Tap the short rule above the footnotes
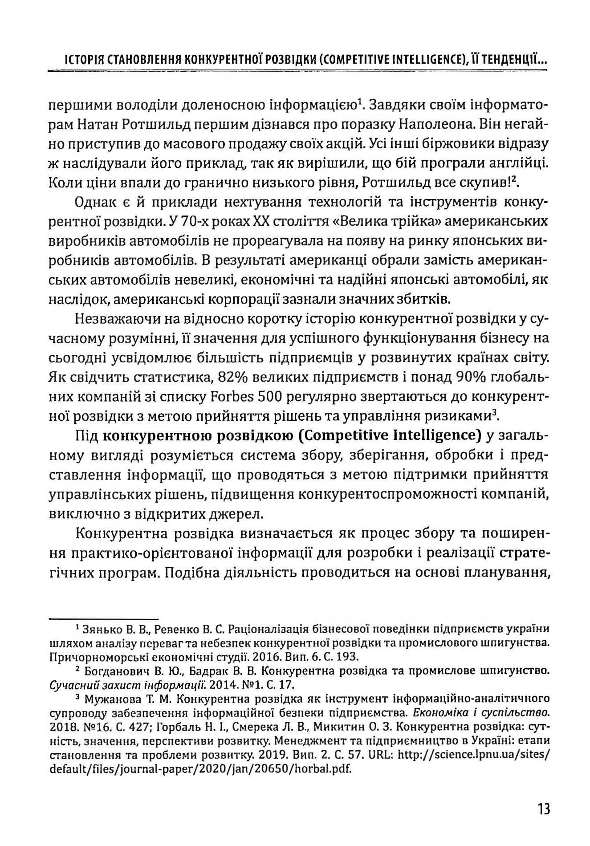[x=103, y=619]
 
